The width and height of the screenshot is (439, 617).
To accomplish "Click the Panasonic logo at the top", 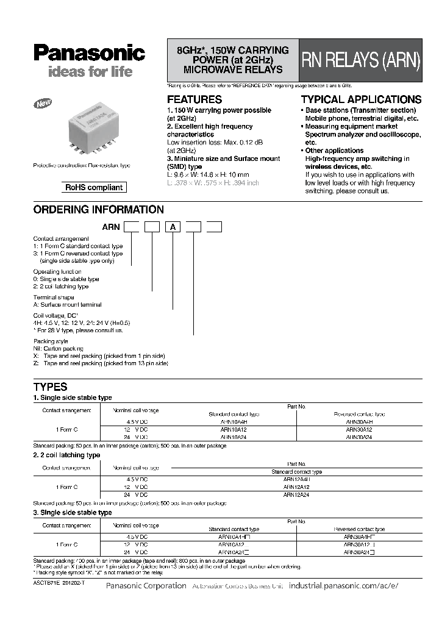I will coord(89,54).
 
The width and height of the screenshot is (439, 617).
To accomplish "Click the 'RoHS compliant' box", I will coord(94,188).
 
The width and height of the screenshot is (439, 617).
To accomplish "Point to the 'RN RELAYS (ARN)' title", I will coord(360,60).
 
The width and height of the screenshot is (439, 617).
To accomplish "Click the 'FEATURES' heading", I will coord(195,99).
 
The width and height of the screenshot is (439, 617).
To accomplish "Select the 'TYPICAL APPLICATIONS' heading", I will coord(361,99).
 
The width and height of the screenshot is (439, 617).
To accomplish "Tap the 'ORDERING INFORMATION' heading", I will coord(98,210).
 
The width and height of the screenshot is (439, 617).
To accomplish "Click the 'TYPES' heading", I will coord(50,387).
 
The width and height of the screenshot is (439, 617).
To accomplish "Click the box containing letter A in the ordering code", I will coord(173,227).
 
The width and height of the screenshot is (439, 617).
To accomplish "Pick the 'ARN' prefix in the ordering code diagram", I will coord(112,227).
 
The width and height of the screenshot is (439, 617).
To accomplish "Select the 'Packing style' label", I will coord(51,341).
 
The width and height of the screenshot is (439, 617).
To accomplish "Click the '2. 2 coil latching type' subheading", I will coord(66,455).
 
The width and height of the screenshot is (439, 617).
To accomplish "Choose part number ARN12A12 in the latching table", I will coord(296,487).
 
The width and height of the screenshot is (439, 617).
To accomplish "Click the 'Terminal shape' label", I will coord(53,296).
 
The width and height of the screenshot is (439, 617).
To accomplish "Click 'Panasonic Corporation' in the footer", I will coord(146,585).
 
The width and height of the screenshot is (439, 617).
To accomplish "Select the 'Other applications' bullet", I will coord(334,151).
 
